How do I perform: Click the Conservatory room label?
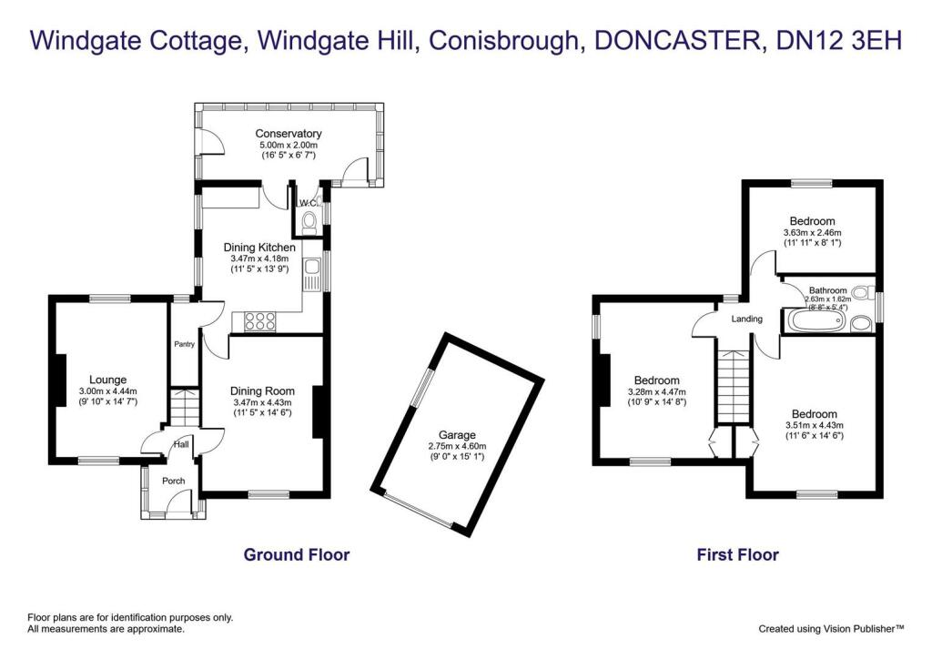[x=288, y=134]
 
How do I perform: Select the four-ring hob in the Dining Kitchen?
[x=262, y=319]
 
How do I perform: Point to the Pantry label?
[x=185, y=344]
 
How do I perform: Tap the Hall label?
[x=180, y=444]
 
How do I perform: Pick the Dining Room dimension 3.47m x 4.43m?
[x=261, y=402]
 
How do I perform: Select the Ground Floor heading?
[x=296, y=554]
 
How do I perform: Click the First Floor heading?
[x=737, y=554]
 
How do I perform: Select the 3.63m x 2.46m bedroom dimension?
[x=812, y=233]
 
